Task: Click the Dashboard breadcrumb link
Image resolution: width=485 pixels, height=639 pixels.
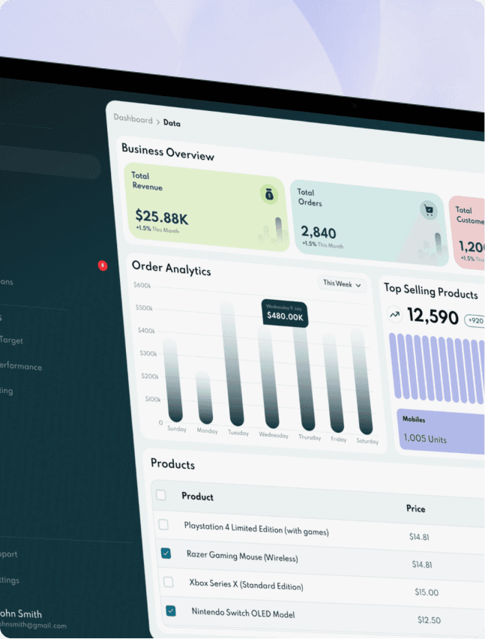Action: [133, 119]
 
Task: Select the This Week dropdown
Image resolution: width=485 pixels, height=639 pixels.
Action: [342, 284]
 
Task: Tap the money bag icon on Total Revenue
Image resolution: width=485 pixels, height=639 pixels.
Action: [270, 195]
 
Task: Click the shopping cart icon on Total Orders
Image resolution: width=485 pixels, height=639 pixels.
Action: [429, 211]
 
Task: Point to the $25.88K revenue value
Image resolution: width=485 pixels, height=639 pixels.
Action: [161, 217]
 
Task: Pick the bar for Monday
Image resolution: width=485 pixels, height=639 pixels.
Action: [204, 397]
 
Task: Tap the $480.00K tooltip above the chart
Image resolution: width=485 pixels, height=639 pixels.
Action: [285, 313]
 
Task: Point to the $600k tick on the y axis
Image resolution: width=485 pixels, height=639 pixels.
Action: [142, 285]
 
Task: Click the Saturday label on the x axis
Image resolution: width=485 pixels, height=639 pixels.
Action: [367, 441]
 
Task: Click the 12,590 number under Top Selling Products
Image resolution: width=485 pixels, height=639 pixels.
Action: [433, 316]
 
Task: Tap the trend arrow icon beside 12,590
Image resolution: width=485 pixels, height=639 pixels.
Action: [394, 314]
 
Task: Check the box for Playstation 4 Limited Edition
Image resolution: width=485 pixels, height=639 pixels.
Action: [163, 524]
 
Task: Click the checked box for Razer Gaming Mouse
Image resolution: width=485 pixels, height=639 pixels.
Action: [166, 553]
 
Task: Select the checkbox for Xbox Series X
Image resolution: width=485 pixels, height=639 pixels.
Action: [169, 581]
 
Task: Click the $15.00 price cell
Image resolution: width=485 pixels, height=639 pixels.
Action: [427, 592]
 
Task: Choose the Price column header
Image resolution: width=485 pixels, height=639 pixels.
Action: [415, 508]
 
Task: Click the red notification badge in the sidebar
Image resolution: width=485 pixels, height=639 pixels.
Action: [103, 265]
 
